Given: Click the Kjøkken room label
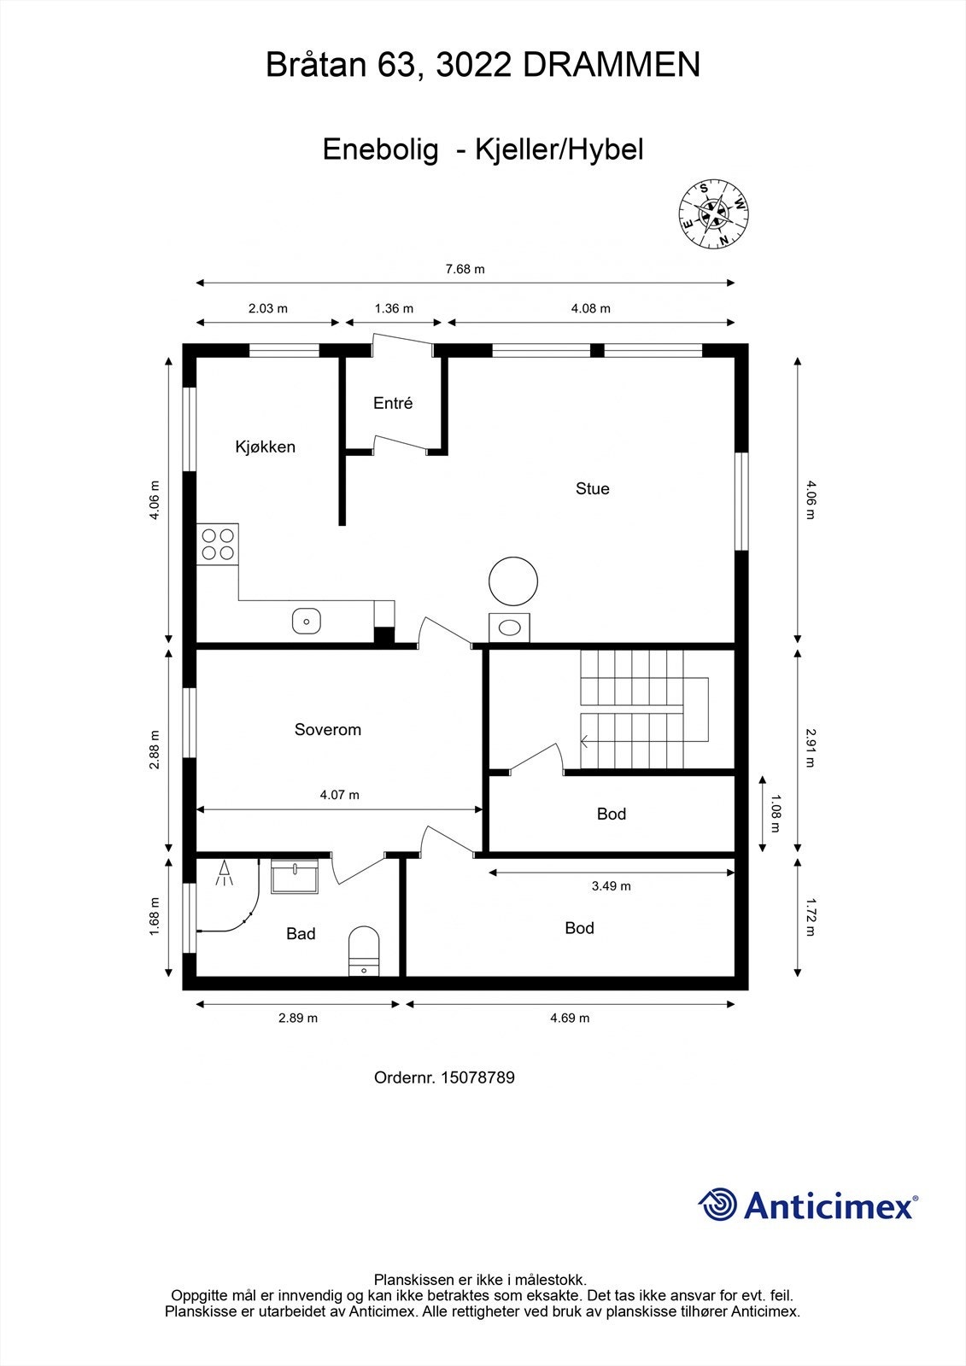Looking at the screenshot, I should click(x=265, y=447).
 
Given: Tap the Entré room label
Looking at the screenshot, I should click(x=393, y=403).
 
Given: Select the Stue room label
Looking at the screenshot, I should click(x=592, y=488).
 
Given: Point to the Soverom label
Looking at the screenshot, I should click(x=328, y=729).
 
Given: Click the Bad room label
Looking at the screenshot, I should click(x=301, y=934).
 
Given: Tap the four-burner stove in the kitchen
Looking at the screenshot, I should click(x=218, y=545).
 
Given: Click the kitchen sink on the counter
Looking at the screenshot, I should click(x=306, y=621).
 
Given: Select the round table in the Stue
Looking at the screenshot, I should click(x=513, y=581).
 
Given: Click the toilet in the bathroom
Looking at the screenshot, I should click(x=364, y=950).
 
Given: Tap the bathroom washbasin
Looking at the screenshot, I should click(x=295, y=877).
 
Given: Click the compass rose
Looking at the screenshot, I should click(x=714, y=216).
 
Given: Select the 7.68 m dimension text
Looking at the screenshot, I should click(x=465, y=269).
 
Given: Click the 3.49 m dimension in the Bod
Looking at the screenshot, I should click(x=612, y=886).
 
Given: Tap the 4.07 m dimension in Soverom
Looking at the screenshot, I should click(x=339, y=795).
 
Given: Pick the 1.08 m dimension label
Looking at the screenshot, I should click(x=776, y=814).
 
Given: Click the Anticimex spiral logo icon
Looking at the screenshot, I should click(x=718, y=1205).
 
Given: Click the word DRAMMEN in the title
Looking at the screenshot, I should click(x=612, y=65).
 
